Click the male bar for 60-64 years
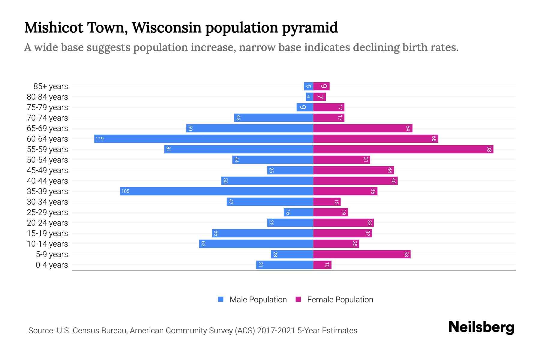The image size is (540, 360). click(204, 139)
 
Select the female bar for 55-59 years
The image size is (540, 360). click(403, 149)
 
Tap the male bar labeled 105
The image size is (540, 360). click(217, 191)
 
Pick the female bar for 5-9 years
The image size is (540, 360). click(362, 254)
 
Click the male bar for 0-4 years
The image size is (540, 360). click(285, 265)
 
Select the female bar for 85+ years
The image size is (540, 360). click(321, 86)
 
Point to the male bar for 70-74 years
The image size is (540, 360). click(274, 118)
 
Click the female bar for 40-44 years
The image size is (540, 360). click(355, 181)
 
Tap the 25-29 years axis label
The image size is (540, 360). click(47, 212)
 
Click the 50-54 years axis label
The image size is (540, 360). click(47, 160)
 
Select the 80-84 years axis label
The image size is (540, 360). click(47, 97)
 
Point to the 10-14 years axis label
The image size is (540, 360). click(47, 244)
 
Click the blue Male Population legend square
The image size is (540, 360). click(221, 299)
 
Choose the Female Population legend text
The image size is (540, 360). click(340, 300)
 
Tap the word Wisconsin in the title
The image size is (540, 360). click(166, 28)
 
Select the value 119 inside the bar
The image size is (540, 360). click(100, 139)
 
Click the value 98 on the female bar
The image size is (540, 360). click(489, 149)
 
